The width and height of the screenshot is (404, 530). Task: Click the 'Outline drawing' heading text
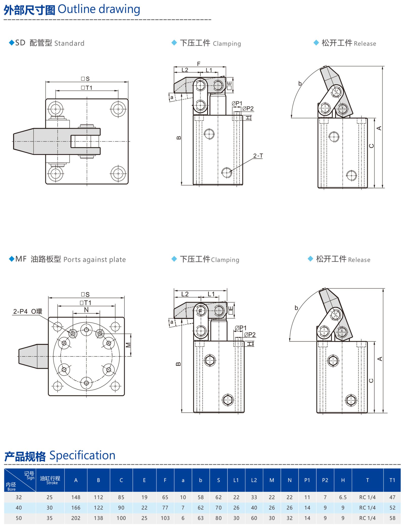99,9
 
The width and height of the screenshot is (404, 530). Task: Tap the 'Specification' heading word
82,455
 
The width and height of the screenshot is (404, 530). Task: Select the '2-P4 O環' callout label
28,311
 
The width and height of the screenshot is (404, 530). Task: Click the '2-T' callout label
258,156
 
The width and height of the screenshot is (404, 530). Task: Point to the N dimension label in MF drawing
86,310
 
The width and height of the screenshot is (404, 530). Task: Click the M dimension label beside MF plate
129,345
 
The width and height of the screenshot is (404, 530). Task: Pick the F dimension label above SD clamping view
199,64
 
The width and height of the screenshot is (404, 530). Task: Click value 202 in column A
75,518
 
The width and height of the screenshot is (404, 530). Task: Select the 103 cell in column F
165,518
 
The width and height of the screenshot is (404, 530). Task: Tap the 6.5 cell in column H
343,497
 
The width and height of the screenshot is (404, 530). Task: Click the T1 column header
392,480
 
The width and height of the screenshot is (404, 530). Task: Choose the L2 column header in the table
254,480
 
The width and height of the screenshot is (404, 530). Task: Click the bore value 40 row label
19,508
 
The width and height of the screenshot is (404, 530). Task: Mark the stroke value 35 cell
49,518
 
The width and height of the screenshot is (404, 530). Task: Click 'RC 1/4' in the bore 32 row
367,497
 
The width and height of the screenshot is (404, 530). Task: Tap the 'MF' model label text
21,259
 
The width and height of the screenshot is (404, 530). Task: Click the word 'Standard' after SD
69,43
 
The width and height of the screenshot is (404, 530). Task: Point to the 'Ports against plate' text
94,260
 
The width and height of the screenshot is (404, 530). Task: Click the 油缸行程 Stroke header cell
50,480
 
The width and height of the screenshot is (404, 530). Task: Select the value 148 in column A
75,497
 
